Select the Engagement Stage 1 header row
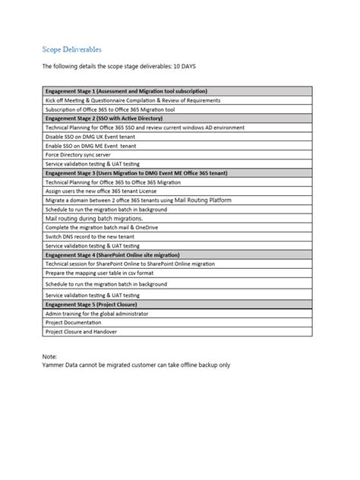pyautogui.click(x=125, y=91)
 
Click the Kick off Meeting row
pyautogui.click(x=133, y=100)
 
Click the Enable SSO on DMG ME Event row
pyautogui.click(x=91, y=146)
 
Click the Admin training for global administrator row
pyautogui.click(x=96, y=314)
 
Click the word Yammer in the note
pyautogui.click(x=55, y=364)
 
